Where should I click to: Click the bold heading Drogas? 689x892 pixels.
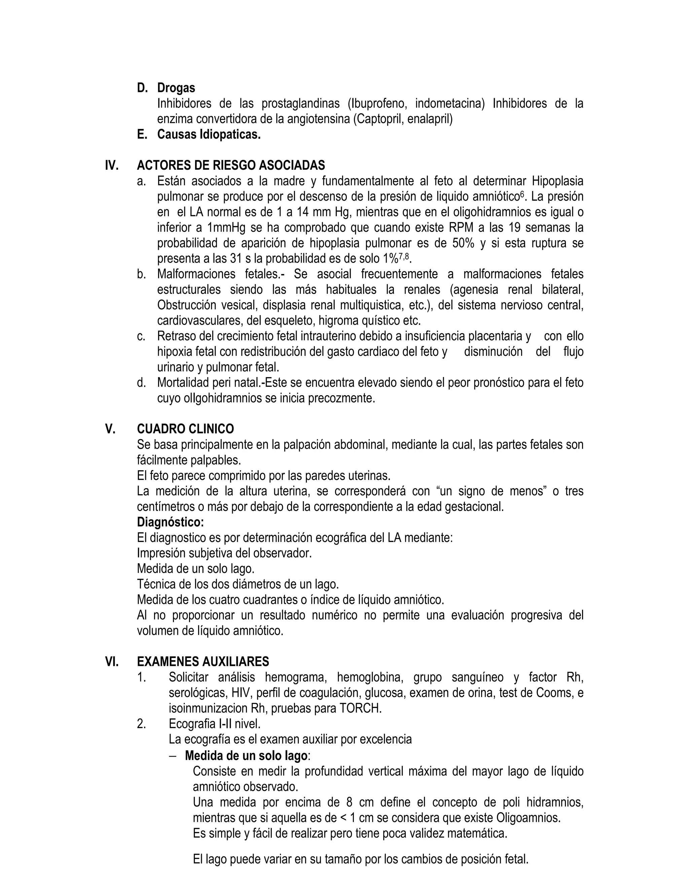[x=176, y=88]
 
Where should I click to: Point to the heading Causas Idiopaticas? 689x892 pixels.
[x=209, y=134]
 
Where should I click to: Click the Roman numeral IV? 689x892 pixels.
[x=112, y=165]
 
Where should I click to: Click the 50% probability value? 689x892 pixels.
[x=463, y=243]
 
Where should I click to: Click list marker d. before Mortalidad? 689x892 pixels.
[x=141, y=383]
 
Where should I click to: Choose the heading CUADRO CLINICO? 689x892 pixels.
[x=185, y=429]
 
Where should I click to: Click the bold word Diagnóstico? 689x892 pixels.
[x=170, y=522]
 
